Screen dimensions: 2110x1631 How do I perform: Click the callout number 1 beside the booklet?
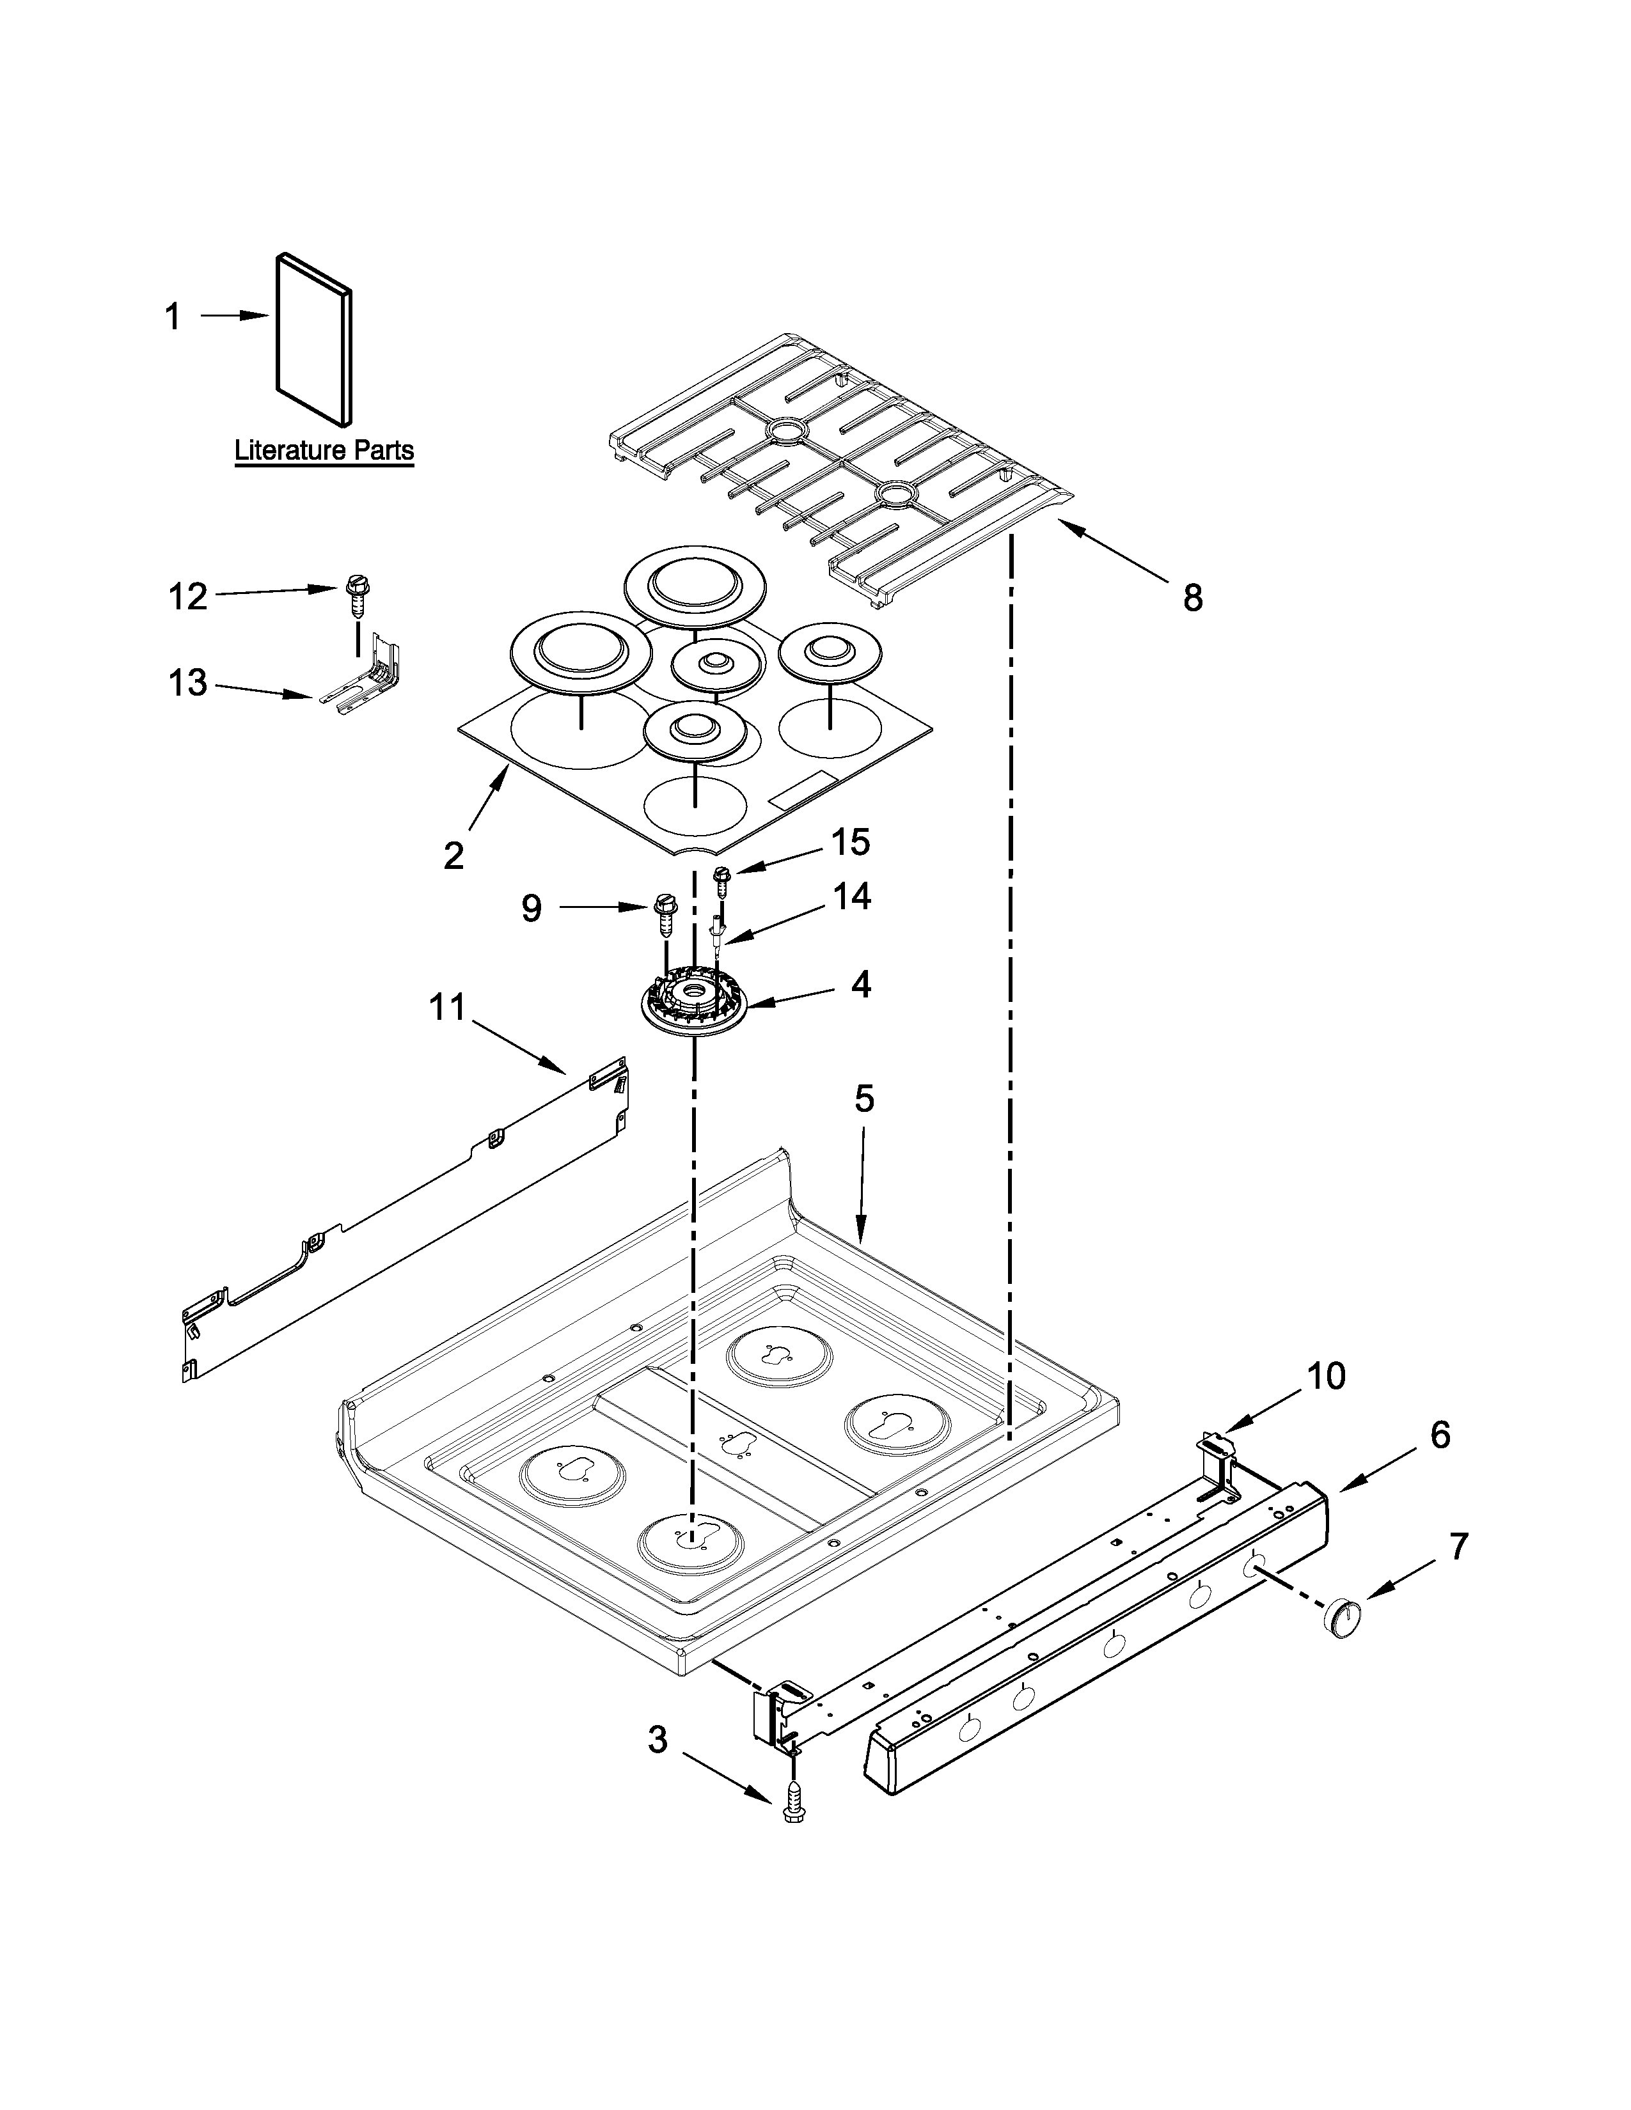tap(173, 317)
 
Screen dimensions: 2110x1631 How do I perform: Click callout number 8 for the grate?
tap(1194, 599)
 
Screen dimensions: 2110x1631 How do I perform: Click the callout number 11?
tap(447, 1008)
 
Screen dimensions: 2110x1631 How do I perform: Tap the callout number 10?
tap(1327, 1377)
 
